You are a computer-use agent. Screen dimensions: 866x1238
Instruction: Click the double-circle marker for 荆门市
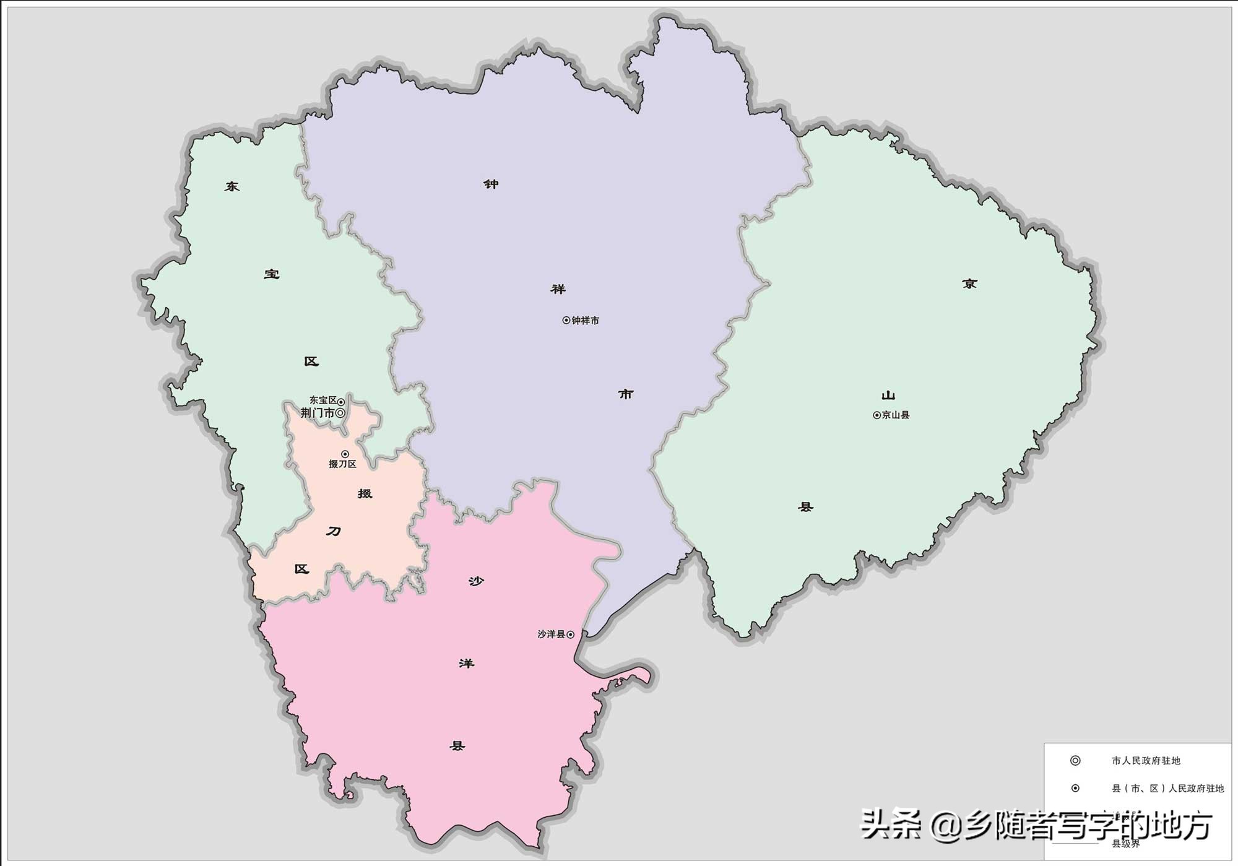pyautogui.click(x=340, y=413)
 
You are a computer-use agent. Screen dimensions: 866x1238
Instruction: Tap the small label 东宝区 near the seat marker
pyautogui.click(x=323, y=401)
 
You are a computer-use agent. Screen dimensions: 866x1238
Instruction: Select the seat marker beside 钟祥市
pyautogui.click(x=566, y=320)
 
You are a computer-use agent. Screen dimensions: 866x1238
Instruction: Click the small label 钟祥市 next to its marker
pyautogui.click(x=585, y=321)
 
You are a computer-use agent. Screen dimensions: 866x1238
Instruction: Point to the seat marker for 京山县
pyautogui.click(x=877, y=415)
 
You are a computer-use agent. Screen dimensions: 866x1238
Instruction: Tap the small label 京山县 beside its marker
pyautogui.click(x=896, y=415)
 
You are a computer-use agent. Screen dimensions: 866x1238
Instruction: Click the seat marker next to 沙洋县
pyautogui.click(x=570, y=634)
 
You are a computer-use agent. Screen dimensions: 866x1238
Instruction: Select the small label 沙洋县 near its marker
pyautogui.click(x=551, y=634)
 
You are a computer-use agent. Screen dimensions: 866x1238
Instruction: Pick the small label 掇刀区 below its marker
pyautogui.click(x=342, y=464)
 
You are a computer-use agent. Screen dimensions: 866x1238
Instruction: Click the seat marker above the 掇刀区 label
pyautogui.click(x=345, y=454)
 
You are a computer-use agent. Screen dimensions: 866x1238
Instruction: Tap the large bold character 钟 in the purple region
pyautogui.click(x=491, y=184)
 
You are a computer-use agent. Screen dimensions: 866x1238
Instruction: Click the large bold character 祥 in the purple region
pyautogui.click(x=558, y=289)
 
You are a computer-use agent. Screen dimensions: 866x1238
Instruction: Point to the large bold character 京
pyautogui.click(x=969, y=284)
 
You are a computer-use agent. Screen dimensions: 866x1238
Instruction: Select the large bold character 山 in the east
pyautogui.click(x=888, y=395)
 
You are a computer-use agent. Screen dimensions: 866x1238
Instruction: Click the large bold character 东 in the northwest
pyautogui.click(x=232, y=186)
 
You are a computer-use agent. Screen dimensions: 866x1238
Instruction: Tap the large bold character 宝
pyautogui.click(x=272, y=274)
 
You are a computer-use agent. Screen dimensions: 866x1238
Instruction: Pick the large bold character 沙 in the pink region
pyautogui.click(x=475, y=581)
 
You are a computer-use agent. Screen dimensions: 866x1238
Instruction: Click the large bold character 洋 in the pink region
pyautogui.click(x=466, y=664)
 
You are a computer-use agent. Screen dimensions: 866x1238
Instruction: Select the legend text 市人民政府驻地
pyautogui.click(x=1146, y=761)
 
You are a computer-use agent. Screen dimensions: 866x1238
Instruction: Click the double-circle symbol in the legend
pyautogui.click(x=1075, y=761)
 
